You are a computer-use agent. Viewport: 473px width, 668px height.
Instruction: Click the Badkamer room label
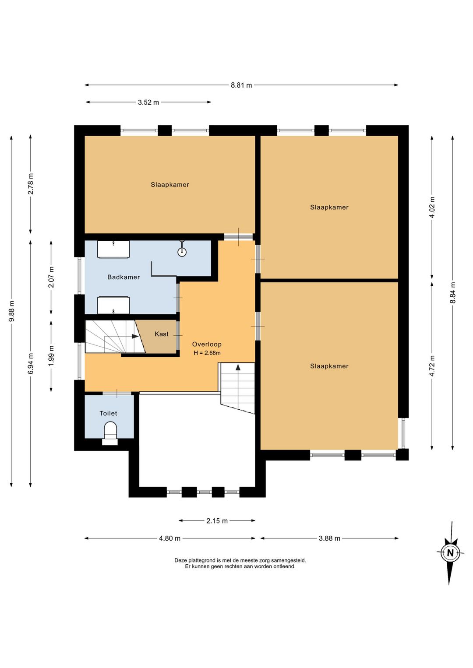(124, 277)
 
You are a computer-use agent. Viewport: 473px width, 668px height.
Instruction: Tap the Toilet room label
(108, 413)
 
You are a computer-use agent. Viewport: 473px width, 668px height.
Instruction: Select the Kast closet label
(162, 334)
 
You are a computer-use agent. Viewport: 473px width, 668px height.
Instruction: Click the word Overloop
(207, 345)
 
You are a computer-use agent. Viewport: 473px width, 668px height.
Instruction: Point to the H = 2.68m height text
(207, 353)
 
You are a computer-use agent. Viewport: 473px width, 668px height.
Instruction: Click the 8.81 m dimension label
(241, 85)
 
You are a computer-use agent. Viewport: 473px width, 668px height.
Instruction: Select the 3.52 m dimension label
(148, 102)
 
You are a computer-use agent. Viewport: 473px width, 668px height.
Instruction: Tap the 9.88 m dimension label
(11, 311)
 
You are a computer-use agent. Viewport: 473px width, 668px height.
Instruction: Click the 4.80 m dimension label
(170, 538)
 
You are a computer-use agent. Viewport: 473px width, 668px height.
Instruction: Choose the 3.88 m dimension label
(329, 538)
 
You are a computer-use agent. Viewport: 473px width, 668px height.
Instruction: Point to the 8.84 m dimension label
(453, 292)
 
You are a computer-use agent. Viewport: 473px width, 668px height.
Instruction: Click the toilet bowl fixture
(110, 431)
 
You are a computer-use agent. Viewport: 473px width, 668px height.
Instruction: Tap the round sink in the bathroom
(182, 252)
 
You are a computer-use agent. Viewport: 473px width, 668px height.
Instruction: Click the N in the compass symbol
(450, 553)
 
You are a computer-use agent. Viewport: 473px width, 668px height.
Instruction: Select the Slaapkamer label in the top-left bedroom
(170, 185)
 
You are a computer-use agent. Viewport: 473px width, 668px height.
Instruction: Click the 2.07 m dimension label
(52, 277)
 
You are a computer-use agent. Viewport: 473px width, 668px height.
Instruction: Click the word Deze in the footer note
(180, 561)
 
